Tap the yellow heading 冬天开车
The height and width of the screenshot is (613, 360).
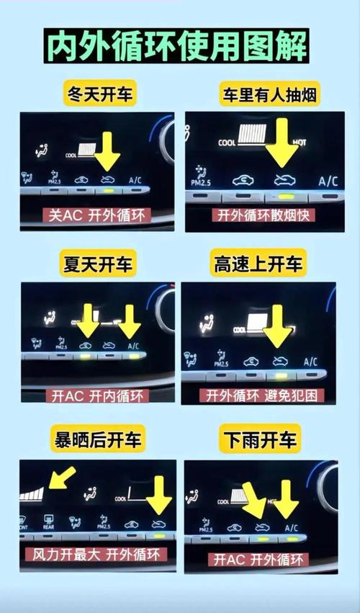tap(99, 94)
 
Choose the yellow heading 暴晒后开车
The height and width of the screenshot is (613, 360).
tap(99, 438)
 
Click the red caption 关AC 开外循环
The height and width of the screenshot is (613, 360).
tap(98, 215)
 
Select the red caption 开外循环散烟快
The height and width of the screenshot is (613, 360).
tap(261, 215)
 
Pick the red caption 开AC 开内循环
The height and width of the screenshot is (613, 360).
tap(97, 395)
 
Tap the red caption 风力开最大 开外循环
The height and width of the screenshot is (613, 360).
tap(96, 555)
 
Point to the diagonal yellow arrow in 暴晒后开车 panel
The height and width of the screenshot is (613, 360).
tap(61, 478)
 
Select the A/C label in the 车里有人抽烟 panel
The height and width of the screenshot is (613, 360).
tap(328, 181)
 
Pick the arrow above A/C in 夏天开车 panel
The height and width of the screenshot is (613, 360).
tap(130, 321)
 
